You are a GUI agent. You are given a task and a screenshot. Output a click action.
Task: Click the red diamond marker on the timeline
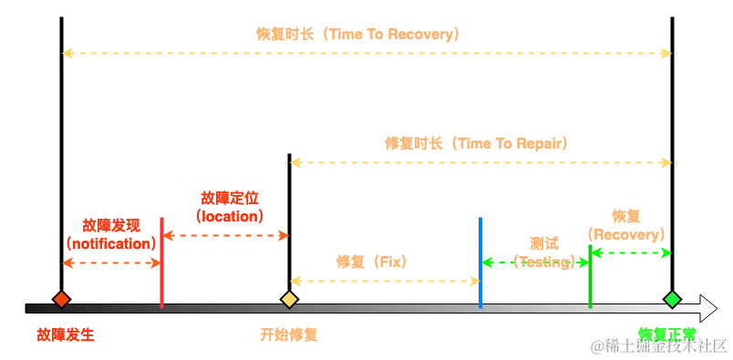pos(61,299)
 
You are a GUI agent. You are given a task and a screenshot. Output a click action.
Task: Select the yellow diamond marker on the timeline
pos(289,299)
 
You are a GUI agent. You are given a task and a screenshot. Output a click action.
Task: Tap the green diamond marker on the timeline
pos(672,299)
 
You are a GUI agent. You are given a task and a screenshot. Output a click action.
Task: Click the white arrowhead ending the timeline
pos(707,308)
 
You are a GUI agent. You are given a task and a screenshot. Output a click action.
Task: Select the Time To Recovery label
pos(357,35)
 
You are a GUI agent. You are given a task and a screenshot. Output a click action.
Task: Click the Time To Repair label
pos(476,143)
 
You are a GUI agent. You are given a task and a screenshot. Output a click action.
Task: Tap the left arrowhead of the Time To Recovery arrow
pos(67,54)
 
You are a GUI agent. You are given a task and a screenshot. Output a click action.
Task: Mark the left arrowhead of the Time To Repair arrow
pos(295,162)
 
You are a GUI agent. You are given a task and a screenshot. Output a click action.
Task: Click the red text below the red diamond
pos(65,334)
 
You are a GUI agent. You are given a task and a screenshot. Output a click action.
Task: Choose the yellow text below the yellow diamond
pos(288,334)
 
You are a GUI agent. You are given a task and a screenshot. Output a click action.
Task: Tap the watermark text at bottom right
pos(658,345)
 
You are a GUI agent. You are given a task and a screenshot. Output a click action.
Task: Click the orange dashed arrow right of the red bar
pos(225,236)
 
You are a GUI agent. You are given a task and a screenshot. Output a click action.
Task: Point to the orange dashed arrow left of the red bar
pos(111,263)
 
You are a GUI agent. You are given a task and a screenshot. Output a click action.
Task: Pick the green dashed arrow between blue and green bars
pos(534,262)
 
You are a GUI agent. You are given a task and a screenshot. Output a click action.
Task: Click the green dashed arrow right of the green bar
pos(631,252)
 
